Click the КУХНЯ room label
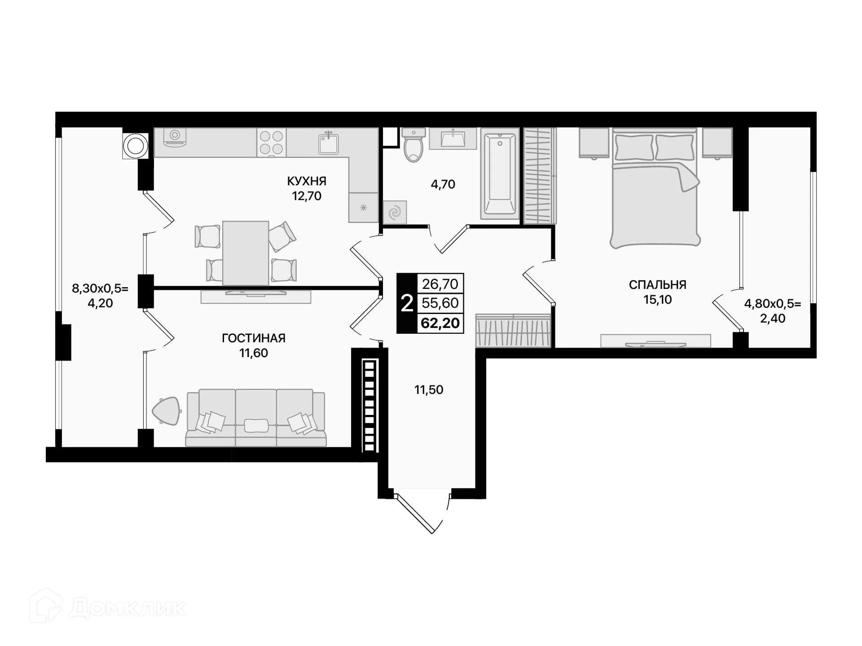pyautogui.click(x=307, y=181)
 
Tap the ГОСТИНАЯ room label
pyautogui.click(x=254, y=338)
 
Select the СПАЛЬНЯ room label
pyautogui.click(x=657, y=285)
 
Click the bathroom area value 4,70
pyautogui.click(x=443, y=184)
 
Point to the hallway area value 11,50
pyautogui.click(x=428, y=390)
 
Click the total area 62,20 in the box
pyautogui.click(x=440, y=323)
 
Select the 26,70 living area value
pyautogui.click(x=440, y=284)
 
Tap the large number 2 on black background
pyautogui.click(x=407, y=304)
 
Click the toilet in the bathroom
pyautogui.click(x=413, y=144)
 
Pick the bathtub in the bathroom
pyautogui.click(x=500, y=173)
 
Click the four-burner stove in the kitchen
pyautogui.click(x=272, y=142)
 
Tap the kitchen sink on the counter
pyautogui.click(x=329, y=143)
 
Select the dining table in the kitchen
pyautogui.click(x=246, y=253)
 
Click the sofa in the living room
pyautogui.click(x=256, y=418)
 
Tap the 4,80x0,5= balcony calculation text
pyautogui.click(x=772, y=304)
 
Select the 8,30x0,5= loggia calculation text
pyautogui.click(x=100, y=288)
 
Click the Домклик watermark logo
pyautogui.click(x=108, y=607)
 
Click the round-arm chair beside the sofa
pyautogui.click(x=167, y=410)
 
